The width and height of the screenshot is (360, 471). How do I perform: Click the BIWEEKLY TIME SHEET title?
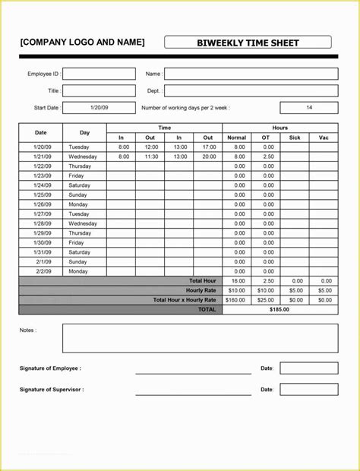(248, 43)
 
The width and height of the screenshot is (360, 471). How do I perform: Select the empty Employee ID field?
(99, 74)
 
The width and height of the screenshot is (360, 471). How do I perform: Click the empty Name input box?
(251, 74)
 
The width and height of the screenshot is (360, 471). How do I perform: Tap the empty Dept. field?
(251, 90)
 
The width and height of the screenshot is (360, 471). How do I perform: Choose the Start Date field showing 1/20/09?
(99, 108)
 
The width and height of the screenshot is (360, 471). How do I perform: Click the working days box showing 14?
(309, 108)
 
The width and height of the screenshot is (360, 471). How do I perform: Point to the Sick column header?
(295, 138)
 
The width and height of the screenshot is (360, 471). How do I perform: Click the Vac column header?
(324, 138)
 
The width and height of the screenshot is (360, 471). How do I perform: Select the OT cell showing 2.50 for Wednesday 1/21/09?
(266, 156)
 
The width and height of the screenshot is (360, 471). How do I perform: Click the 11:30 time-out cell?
(150, 156)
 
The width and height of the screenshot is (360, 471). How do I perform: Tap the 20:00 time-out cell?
(208, 156)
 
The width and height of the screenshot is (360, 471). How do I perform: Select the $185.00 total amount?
(280, 309)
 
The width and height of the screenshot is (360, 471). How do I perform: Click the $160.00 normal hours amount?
(237, 300)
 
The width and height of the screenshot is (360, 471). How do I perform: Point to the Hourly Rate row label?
(201, 290)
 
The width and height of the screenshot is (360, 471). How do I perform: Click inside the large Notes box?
(200, 339)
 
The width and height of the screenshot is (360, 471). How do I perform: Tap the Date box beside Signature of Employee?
(308, 368)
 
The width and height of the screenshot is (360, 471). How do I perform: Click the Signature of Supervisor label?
(52, 390)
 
